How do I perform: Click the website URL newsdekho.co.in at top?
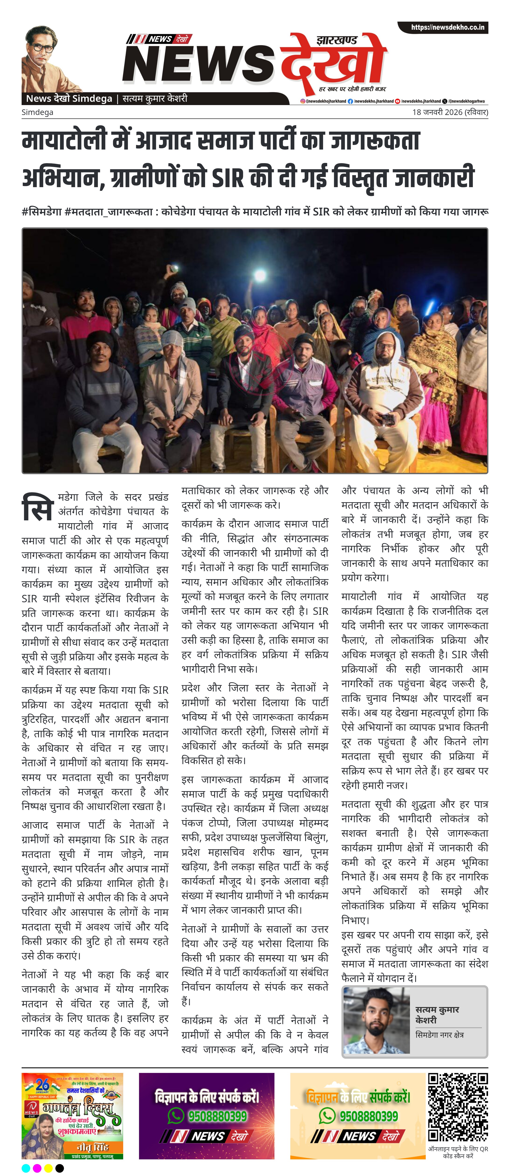coord(447,27)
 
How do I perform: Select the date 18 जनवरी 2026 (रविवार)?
coord(450,112)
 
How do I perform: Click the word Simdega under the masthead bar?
coord(37,112)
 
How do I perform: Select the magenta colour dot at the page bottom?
coord(37,1168)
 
